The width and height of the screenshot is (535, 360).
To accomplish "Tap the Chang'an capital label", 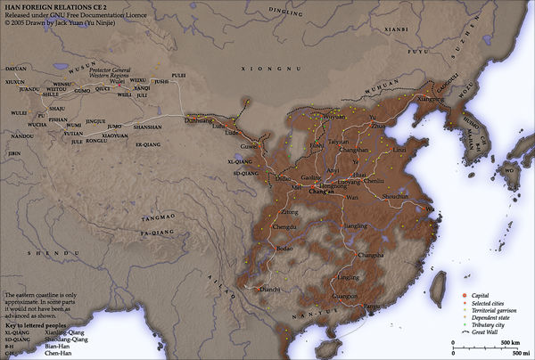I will (322, 192).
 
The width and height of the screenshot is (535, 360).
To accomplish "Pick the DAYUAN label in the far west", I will (16, 68).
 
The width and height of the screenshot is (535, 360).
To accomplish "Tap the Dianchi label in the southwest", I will (269, 289).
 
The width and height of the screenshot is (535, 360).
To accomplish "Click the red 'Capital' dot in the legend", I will (465, 295).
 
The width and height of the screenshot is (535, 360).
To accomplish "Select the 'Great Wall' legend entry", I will (486, 331).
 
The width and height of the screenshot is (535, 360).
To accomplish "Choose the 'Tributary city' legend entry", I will (489, 323).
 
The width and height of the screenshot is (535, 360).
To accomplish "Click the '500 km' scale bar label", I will (510, 341).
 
